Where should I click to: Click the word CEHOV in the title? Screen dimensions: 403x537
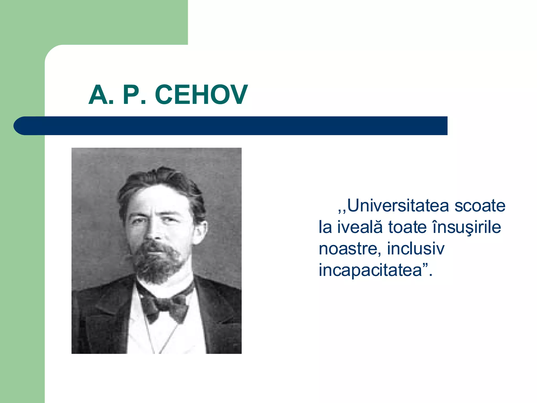tap(201, 95)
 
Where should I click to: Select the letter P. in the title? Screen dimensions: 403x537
tap(134, 95)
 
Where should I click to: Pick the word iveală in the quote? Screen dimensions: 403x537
tap(359, 227)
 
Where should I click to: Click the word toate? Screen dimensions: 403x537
tap(407, 227)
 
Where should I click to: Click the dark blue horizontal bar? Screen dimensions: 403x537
tap(236, 126)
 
